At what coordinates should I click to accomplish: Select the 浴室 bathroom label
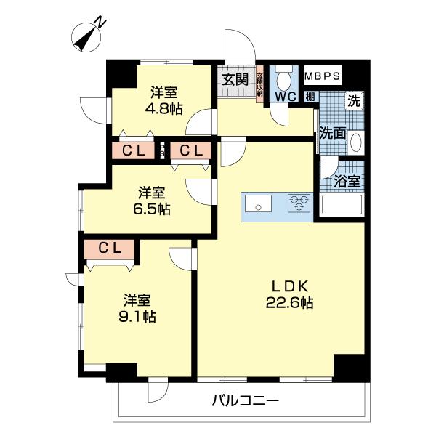pyautogui.click(x=347, y=182)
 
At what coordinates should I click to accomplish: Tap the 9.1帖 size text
pyautogui.click(x=138, y=316)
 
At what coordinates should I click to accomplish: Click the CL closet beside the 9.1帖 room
pyautogui.click(x=109, y=249)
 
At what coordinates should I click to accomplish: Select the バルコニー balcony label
pyautogui.click(x=244, y=400)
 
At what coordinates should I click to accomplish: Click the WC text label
pyautogui.click(x=283, y=95)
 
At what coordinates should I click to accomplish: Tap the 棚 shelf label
pyautogui.click(x=310, y=97)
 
